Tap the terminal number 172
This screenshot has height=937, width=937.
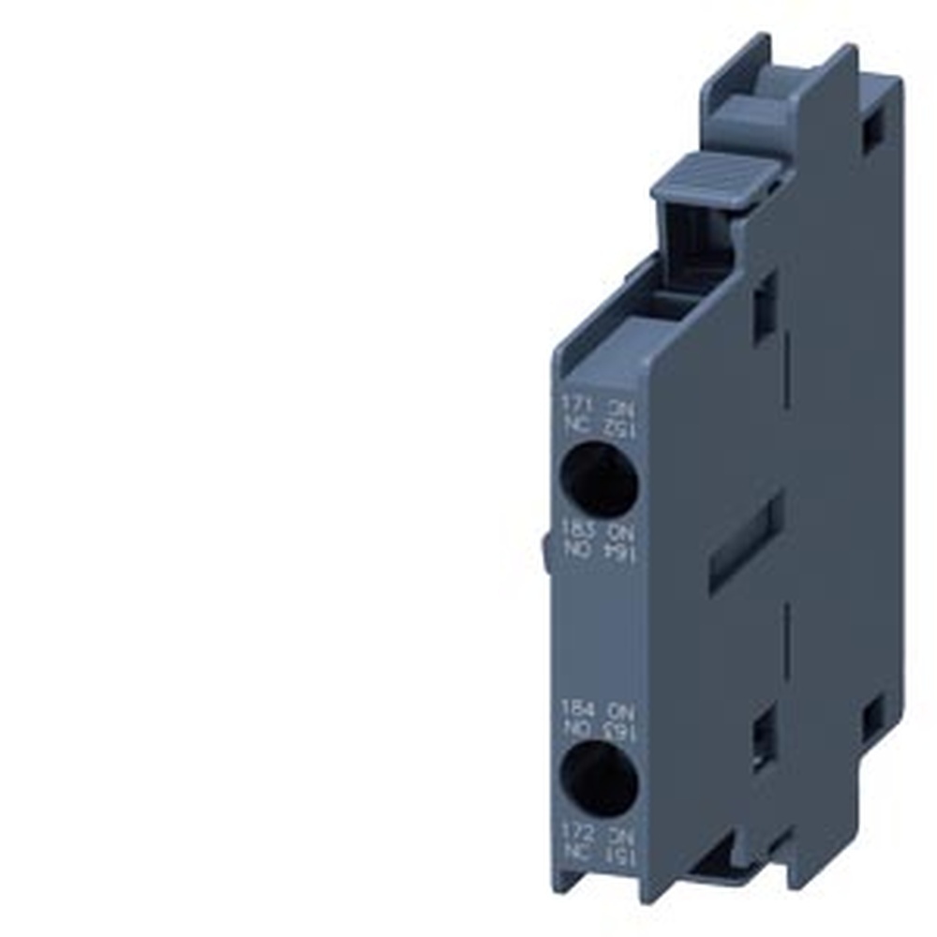[573, 831]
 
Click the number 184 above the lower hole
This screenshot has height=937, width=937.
[573, 707]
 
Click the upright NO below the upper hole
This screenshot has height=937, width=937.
[573, 555]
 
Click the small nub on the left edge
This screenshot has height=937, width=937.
[544, 552]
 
